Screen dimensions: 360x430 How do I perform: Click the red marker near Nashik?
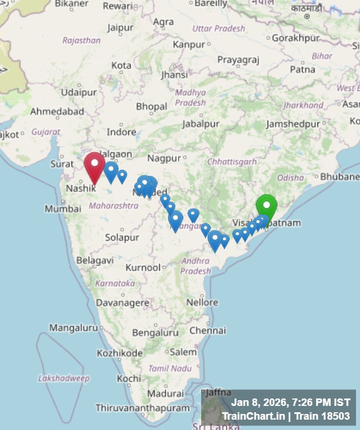click(95, 165)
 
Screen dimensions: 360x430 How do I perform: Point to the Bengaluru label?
click(155, 333)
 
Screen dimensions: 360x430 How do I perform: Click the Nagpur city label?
click(164, 158)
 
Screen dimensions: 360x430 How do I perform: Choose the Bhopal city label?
click(151, 107)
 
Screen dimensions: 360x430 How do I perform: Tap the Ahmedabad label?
click(57, 111)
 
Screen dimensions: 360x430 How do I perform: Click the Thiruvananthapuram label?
click(142, 408)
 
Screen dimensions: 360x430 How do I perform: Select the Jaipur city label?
click(120, 28)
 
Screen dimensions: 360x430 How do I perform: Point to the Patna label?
click(302, 69)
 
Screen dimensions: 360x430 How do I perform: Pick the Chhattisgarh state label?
click(232, 162)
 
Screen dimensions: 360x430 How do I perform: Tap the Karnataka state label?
click(115, 284)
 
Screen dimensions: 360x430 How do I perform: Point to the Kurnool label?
click(143, 268)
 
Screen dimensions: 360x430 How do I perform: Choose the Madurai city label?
click(165, 394)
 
